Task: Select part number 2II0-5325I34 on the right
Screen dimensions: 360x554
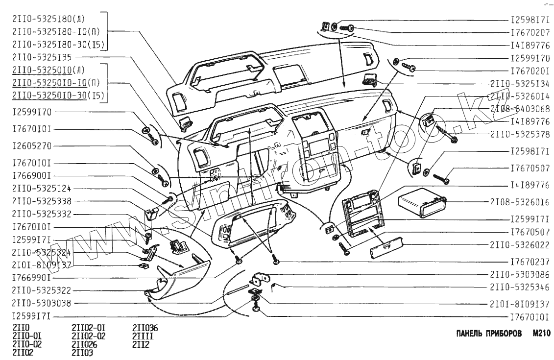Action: pyautogui.click(x=519, y=83)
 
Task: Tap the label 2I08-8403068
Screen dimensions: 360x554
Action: pyautogui.click(x=519, y=108)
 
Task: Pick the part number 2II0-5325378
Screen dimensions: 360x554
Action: pyautogui.click(x=519, y=133)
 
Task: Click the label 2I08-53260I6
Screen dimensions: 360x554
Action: pyautogui.click(x=519, y=201)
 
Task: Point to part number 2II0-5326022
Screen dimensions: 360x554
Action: pyautogui.click(x=519, y=243)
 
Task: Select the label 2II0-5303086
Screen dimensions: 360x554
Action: pyautogui.click(x=519, y=274)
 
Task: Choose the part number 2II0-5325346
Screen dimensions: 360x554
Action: pyautogui.click(x=519, y=287)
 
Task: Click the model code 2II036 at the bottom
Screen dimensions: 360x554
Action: pyautogui.click(x=145, y=328)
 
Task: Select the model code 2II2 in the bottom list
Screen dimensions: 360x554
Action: pyautogui.click(x=141, y=344)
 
